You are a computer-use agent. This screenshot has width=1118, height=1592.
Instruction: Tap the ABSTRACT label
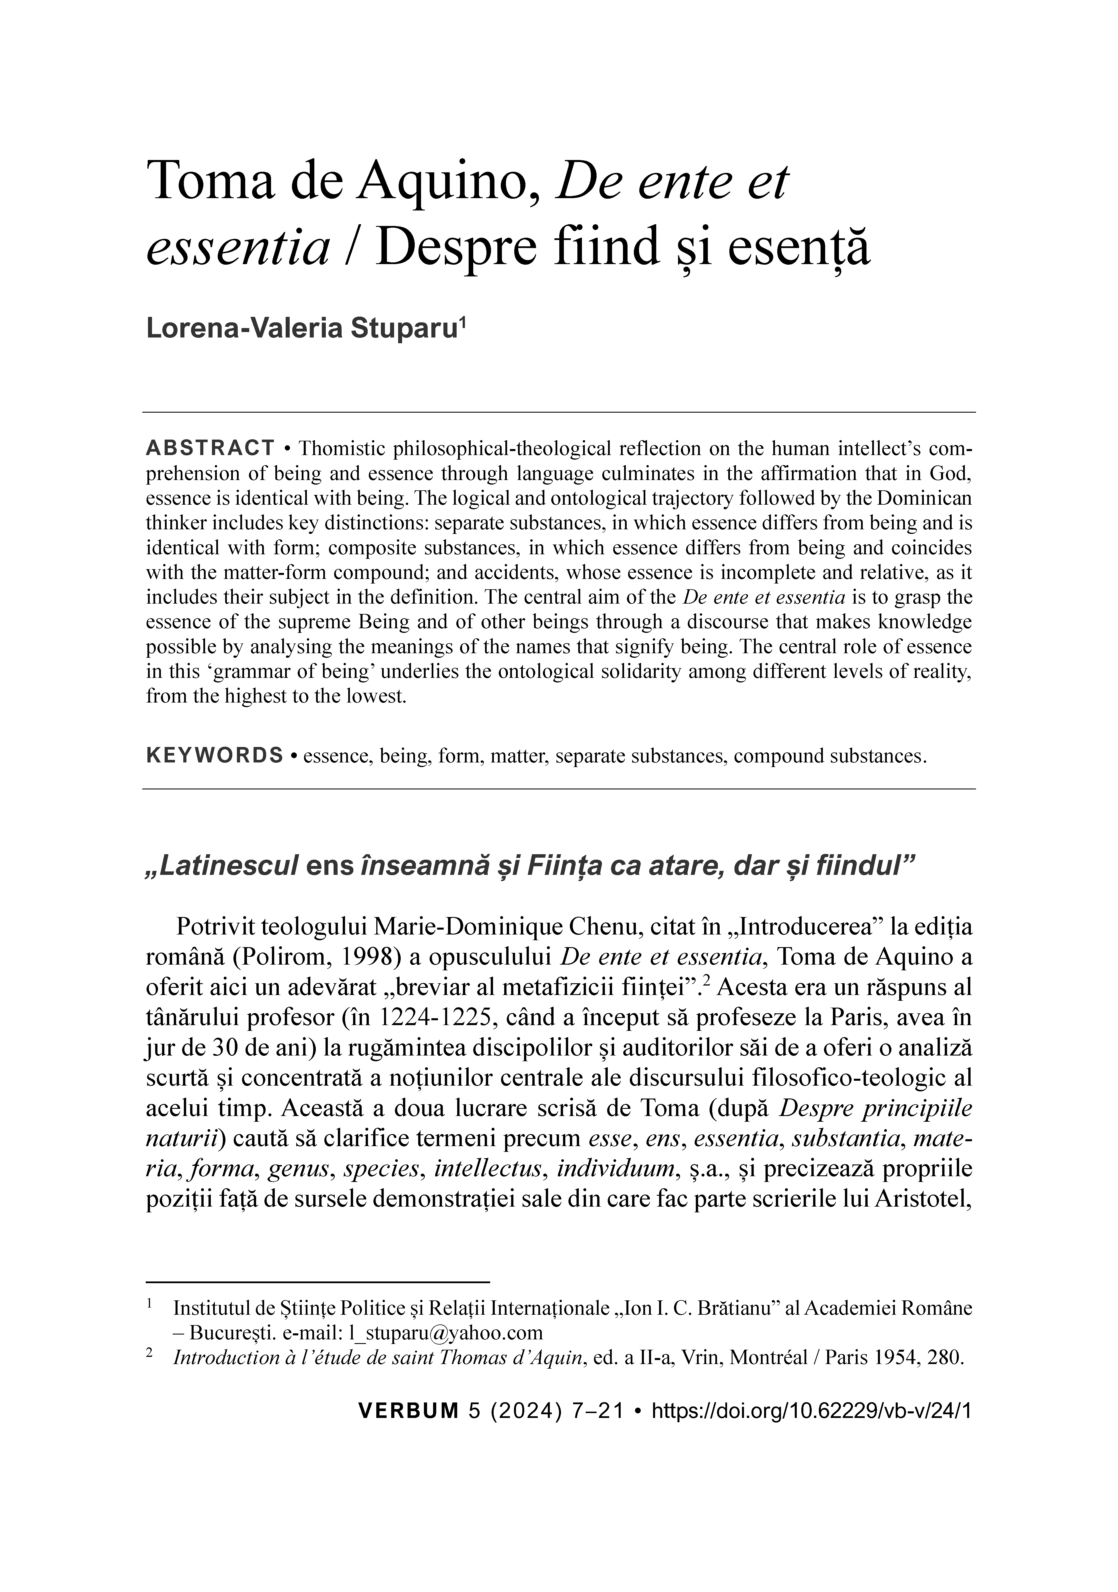pyautogui.click(x=210, y=448)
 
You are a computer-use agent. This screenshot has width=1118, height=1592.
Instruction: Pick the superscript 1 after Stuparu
pyautogui.click(x=463, y=322)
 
